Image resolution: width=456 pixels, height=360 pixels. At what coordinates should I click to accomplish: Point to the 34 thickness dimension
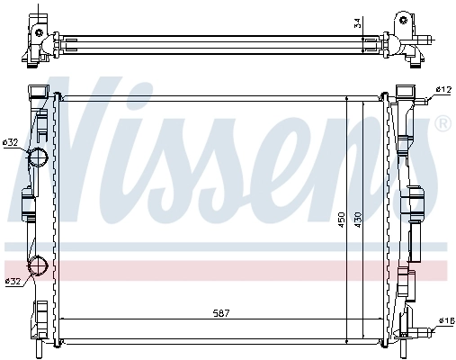click(357, 22)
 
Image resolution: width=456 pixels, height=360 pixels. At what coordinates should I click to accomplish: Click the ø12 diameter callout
click(443, 90)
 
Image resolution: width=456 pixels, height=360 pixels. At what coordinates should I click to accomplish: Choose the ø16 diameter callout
click(444, 321)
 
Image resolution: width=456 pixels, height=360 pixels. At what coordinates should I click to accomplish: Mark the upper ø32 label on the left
click(12, 141)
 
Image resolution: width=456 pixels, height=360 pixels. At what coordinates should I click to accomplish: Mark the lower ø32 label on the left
click(12, 283)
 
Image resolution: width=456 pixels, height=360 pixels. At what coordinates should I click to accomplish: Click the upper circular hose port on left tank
click(39, 158)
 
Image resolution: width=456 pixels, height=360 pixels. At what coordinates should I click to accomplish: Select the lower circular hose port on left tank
click(39, 265)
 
